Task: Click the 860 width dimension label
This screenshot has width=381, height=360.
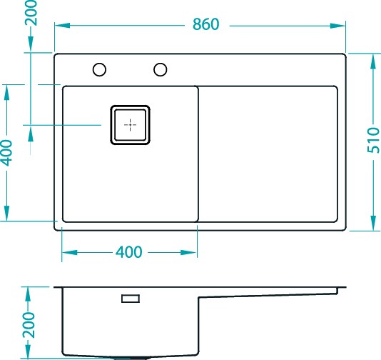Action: point(205,24)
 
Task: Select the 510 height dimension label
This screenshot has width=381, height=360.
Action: point(373,140)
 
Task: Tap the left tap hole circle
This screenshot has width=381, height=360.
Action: point(99,69)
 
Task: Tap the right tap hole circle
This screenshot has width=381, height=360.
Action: point(161,69)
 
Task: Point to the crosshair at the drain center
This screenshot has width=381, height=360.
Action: point(131,125)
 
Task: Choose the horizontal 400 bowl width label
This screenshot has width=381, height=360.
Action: point(128,252)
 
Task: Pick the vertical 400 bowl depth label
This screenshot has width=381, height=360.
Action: point(6,153)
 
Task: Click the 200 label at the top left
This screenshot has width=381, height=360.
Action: point(31,13)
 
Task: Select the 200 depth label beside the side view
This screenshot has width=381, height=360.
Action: point(29,325)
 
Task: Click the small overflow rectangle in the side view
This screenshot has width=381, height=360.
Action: point(131,299)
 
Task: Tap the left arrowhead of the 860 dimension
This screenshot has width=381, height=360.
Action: point(63,26)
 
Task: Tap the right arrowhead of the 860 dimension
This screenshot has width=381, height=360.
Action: point(337,26)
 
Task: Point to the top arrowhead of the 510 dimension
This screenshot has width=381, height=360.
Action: point(373,61)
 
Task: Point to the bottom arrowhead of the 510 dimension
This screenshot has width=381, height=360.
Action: point(373,223)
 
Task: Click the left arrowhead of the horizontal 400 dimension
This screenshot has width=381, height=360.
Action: point(70,252)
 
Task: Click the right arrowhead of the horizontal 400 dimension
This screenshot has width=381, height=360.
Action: point(188,252)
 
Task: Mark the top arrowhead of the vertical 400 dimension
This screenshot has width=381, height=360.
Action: point(6,93)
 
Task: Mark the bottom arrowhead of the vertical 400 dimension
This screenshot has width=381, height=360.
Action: point(6,214)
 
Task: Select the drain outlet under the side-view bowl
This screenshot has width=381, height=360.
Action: point(131,359)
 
